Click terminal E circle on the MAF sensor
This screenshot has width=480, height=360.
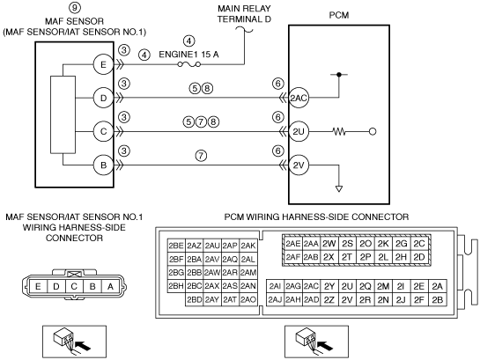click(103, 64)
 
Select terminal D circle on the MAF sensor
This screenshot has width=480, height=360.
click(103, 98)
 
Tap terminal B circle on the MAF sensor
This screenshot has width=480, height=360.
click(103, 165)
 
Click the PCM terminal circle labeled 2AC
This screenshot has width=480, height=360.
click(299, 98)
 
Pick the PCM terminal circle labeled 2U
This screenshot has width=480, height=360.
click(299, 131)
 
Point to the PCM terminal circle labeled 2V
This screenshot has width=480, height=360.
click(299, 165)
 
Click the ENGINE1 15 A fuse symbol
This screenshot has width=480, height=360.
click(189, 64)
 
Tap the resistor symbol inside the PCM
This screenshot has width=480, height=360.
click(339, 132)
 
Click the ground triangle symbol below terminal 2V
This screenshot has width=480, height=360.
click(339, 188)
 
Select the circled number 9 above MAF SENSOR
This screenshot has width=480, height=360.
click(75, 8)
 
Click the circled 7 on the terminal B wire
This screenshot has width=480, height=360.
click(201, 156)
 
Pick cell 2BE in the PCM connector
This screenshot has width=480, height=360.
click(176, 246)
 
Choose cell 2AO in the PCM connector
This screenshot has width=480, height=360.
click(248, 299)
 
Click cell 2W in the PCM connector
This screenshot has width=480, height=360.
click(329, 244)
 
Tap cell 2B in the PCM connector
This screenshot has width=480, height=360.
click(438, 300)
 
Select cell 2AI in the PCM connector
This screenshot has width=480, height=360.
click(275, 286)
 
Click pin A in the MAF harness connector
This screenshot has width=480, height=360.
click(110, 286)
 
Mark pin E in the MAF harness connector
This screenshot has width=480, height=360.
click(38, 286)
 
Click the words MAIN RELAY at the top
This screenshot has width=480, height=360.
click(244, 8)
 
